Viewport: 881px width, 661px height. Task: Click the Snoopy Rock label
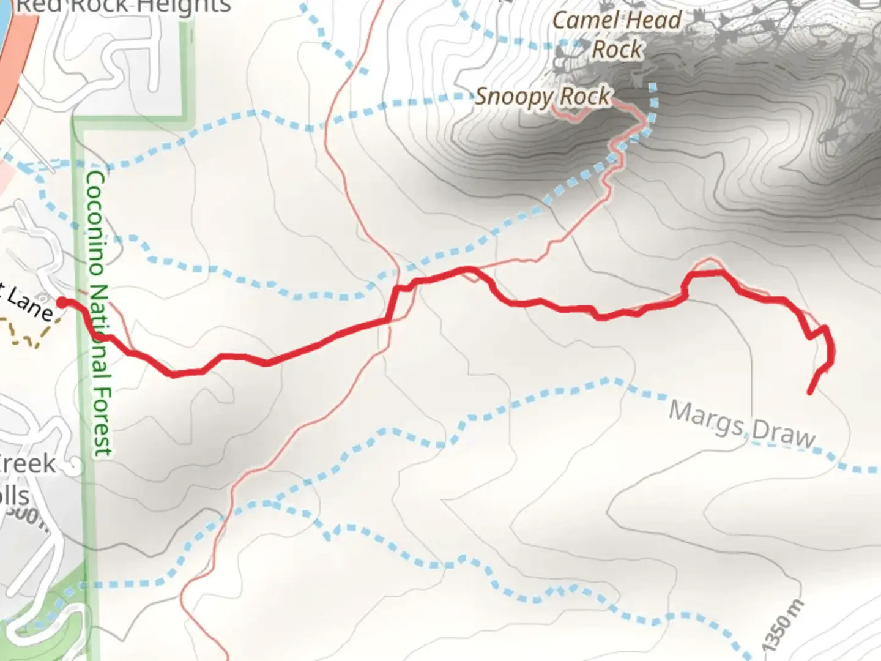[x=543, y=97]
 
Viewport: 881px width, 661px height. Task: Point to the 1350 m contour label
[x=784, y=626]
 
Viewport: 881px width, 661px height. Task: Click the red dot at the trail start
[x=62, y=302]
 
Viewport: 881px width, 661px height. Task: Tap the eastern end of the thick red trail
[x=810, y=392]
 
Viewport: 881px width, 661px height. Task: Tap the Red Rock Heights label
[x=122, y=6]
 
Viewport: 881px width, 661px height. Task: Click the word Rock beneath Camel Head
[x=617, y=49]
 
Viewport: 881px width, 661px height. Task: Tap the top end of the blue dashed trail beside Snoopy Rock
[x=653, y=86]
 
